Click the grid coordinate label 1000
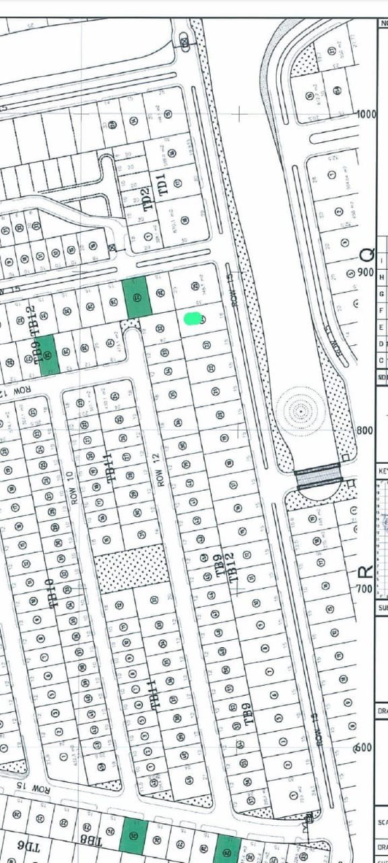click(366, 114)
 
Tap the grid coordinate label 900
click(366, 272)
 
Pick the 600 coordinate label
click(364, 747)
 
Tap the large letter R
click(364, 572)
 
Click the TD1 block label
click(162, 184)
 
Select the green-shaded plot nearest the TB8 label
click(133, 834)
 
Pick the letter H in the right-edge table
click(382, 277)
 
